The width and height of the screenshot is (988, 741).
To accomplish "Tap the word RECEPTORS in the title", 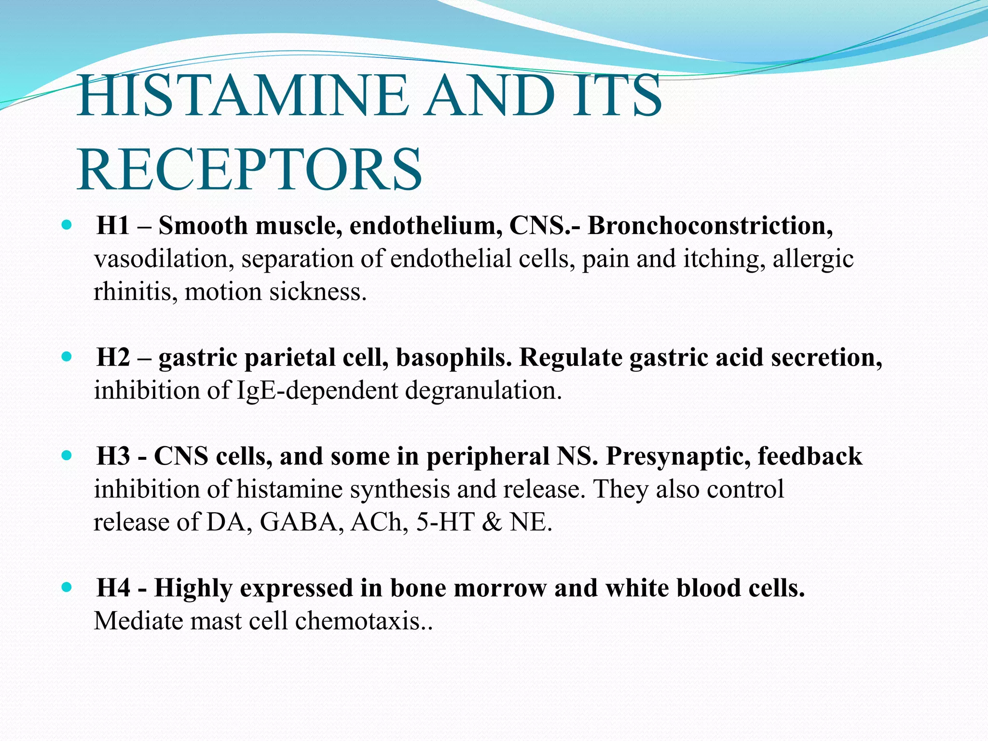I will coord(249,170).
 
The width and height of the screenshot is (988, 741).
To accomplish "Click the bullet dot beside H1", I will coord(67,225).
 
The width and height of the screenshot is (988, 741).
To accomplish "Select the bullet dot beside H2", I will coord(67,357).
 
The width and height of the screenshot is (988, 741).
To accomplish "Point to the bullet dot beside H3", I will coord(67,455).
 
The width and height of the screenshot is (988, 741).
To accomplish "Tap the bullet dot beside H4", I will coord(67,588).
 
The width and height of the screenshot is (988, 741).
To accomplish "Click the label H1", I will coord(113,226).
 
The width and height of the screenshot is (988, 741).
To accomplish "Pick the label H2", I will coord(113,358).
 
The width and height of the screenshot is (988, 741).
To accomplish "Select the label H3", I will coord(113,456).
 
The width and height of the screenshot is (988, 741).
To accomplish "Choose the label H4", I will coord(113,589).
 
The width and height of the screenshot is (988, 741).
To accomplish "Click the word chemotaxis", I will coord(364,621).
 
